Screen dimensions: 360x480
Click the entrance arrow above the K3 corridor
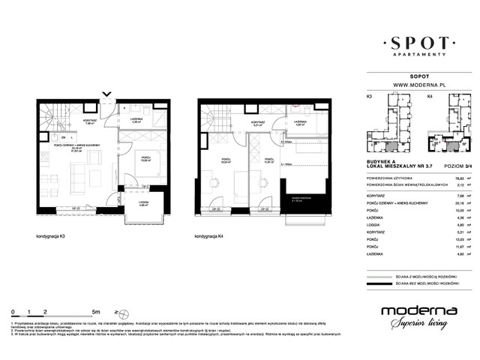pyautogui.click(x=109, y=96)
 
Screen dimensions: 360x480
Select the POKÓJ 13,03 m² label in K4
pyautogui.click(x=225, y=160)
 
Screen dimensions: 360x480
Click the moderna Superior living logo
pyautogui.click(x=415, y=316)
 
